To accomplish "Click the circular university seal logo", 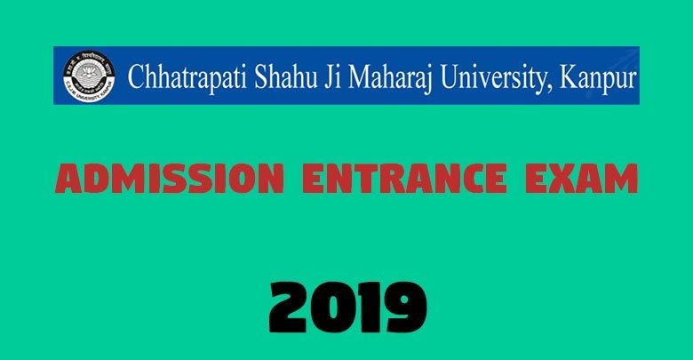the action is [89, 76].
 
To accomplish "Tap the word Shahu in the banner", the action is [286, 76].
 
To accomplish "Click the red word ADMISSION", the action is [170, 179].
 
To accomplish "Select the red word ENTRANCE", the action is [404, 179].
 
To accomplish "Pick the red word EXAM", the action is [582, 179].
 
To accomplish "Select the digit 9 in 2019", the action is [406, 308].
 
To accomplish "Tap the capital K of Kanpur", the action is [570, 76].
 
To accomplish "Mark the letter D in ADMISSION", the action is [97, 179].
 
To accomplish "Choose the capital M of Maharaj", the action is [362, 76].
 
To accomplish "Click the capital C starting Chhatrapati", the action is [137, 76].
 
